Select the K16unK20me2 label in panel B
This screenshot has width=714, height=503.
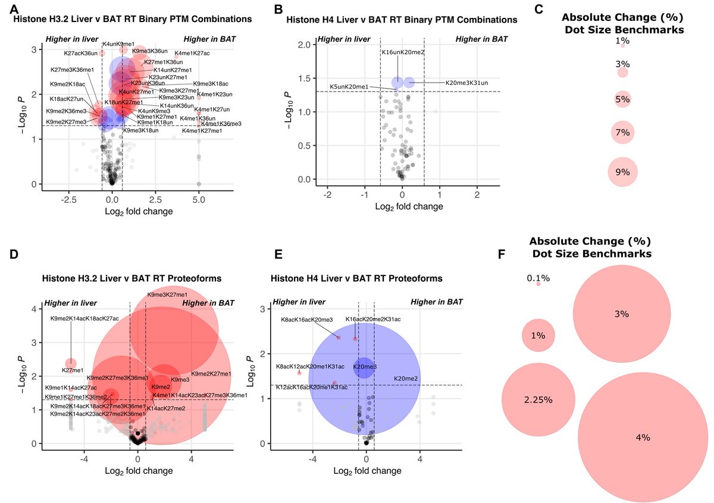(x=403, y=52)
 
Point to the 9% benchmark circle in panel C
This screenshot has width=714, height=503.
(x=622, y=172)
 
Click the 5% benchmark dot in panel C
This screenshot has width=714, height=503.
(x=622, y=99)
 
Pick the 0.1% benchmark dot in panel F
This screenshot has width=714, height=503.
(x=538, y=284)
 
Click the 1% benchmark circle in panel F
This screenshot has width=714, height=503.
(x=538, y=335)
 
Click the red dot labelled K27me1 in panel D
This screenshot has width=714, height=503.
(x=71, y=363)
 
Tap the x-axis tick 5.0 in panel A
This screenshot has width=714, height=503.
(x=199, y=200)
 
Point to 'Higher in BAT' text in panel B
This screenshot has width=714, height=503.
(x=481, y=39)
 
